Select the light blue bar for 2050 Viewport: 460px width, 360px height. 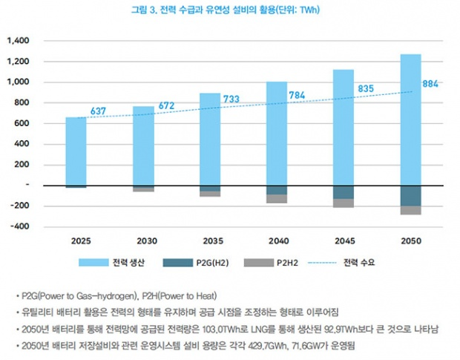(x=410, y=119)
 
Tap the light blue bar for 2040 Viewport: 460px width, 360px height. (x=277, y=134)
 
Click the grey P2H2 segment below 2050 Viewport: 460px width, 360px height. (x=410, y=210)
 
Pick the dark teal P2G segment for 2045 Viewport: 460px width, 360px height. (x=343, y=192)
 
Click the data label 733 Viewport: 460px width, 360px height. (x=231, y=99)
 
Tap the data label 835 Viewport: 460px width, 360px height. (x=365, y=89)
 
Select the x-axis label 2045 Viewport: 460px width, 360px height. (x=343, y=241)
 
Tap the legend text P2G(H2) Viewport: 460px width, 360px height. (x=213, y=263)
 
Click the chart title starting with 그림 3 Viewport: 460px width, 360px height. (x=229, y=10)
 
